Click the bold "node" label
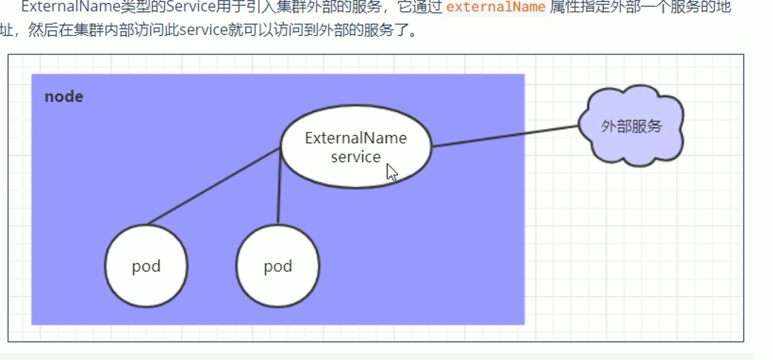tap(64, 97)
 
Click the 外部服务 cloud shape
tap(631, 146)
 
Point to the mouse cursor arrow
tap(391, 172)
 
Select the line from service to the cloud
tap(503, 137)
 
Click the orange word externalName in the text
tap(496, 7)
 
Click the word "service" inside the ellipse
tap(356, 157)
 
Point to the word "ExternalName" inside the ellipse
tap(356, 138)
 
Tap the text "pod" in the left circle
tap(146, 266)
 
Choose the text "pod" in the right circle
tap(278, 266)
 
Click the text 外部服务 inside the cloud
tap(631, 126)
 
